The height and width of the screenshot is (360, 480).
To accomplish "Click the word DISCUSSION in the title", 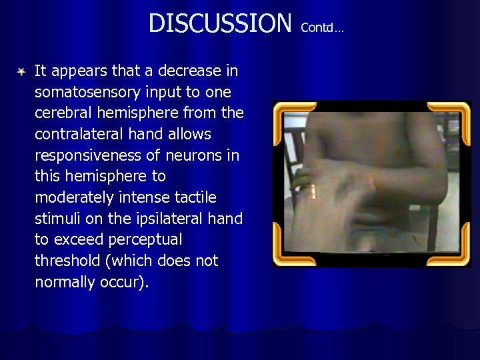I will tap(220, 23).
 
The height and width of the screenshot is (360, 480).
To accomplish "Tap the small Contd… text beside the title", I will tap(322, 28).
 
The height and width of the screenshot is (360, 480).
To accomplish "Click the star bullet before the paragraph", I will tap(22, 71).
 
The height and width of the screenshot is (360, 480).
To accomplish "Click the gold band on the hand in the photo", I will tap(313, 191).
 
